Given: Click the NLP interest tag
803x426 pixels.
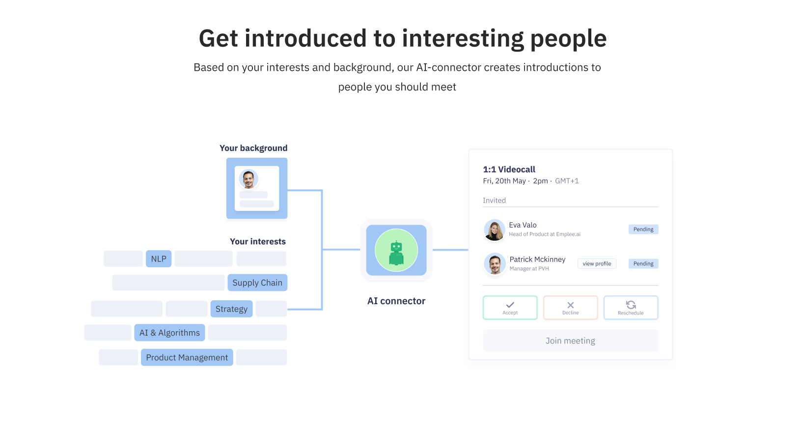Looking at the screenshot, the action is [159, 258].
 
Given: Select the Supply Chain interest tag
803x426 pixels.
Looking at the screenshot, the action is [257, 283].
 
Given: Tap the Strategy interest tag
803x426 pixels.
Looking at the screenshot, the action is [232, 309].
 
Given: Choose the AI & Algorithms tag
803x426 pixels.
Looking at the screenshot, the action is [169, 333].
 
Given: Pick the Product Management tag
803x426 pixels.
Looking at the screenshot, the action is [187, 358].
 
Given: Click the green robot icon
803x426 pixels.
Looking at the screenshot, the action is [396, 253].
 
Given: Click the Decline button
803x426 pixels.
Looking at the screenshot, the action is [570, 308].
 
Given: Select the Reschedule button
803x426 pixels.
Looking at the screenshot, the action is [631, 308].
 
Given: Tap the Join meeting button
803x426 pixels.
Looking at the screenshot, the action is [570, 341].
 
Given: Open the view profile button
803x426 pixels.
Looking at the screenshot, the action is [597, 263].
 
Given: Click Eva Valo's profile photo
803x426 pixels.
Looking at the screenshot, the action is [495, 230].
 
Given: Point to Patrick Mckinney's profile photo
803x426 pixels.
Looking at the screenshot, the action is [495, 264].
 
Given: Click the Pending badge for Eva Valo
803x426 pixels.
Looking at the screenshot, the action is [643, 229].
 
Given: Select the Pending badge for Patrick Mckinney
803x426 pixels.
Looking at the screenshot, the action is [643, 263].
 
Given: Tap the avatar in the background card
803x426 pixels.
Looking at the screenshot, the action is [249, 179].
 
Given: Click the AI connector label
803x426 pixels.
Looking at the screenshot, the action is [396, 301].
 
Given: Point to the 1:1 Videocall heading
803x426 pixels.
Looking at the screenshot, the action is [509, 169].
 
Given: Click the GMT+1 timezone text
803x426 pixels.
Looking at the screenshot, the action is [567, 181].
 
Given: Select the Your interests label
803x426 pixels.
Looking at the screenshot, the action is [258, 241].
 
